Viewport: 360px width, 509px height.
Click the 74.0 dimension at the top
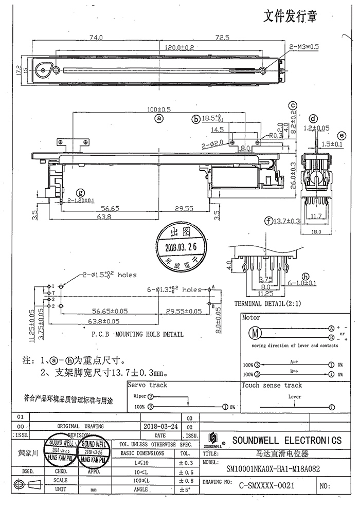(x=96, y=38)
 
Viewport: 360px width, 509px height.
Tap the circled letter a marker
(x=159, y=118)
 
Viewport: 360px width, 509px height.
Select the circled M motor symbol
(x=254, y=332)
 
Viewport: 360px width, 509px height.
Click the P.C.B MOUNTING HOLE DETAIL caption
(x=137, y=334)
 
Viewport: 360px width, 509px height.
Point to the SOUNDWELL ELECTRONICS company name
(x=286, y=440)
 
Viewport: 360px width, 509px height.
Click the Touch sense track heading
(x=272, y=385)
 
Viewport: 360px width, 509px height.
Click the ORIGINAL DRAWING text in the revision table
(x=80, y=426)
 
